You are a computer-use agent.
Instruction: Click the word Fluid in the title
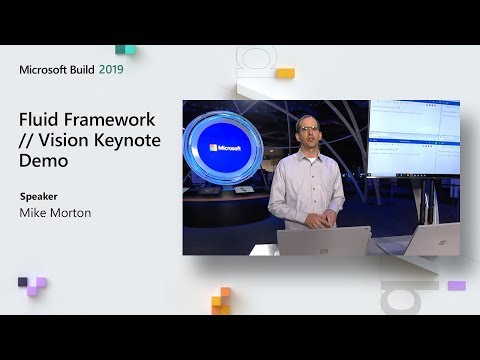pyautogui.click(x=41, y=119)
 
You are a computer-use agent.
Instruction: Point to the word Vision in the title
pyautogui.click(x=64, y=140)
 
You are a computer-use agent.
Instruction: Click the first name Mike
pyautogui.click(x=35, y=212)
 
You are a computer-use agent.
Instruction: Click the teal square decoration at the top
pyautogui.click(x=125, y=48)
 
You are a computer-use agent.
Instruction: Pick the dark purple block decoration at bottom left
pyautogui.click(x=31, y=287)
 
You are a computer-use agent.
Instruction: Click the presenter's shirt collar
pyautogui.click(x=308, y=153)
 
